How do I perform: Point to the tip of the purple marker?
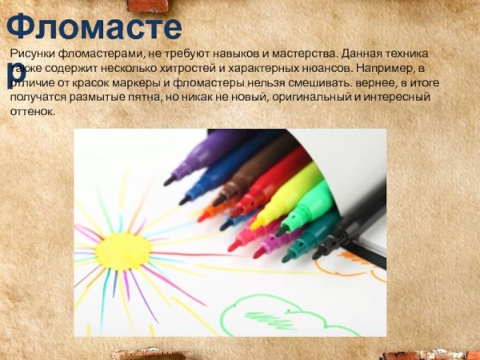pyautogui.click(x=169, y=181)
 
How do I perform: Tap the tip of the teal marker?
pyautogui.click(x=286, y=258)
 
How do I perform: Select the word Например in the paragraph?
pyautogui.click(x=388, y=68)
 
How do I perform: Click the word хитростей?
pyautogui.click(x=183, y=68)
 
